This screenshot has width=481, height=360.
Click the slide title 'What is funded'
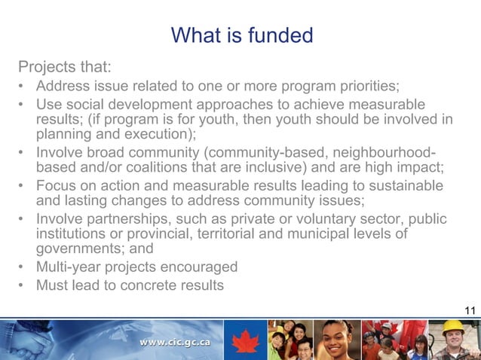240,35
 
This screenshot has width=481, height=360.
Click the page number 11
470,310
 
